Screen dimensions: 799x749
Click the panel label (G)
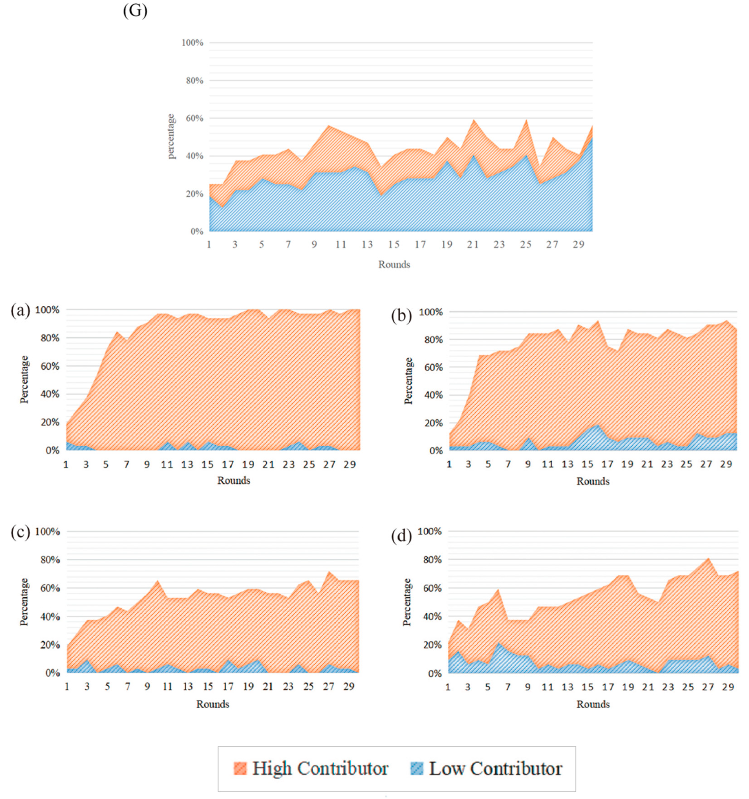(135, 11)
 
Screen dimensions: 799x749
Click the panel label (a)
(20, 311)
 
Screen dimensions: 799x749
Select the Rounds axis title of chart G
(394, 264)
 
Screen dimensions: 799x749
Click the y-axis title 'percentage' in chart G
(171, 137)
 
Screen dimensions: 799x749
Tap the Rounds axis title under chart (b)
(593, 481)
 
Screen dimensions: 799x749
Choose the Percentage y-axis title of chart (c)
(24, 602)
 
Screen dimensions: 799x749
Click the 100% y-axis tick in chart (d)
(430, 531)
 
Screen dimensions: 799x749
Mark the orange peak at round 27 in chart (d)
(708, 558)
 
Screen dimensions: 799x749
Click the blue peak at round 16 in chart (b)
(597, 425)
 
